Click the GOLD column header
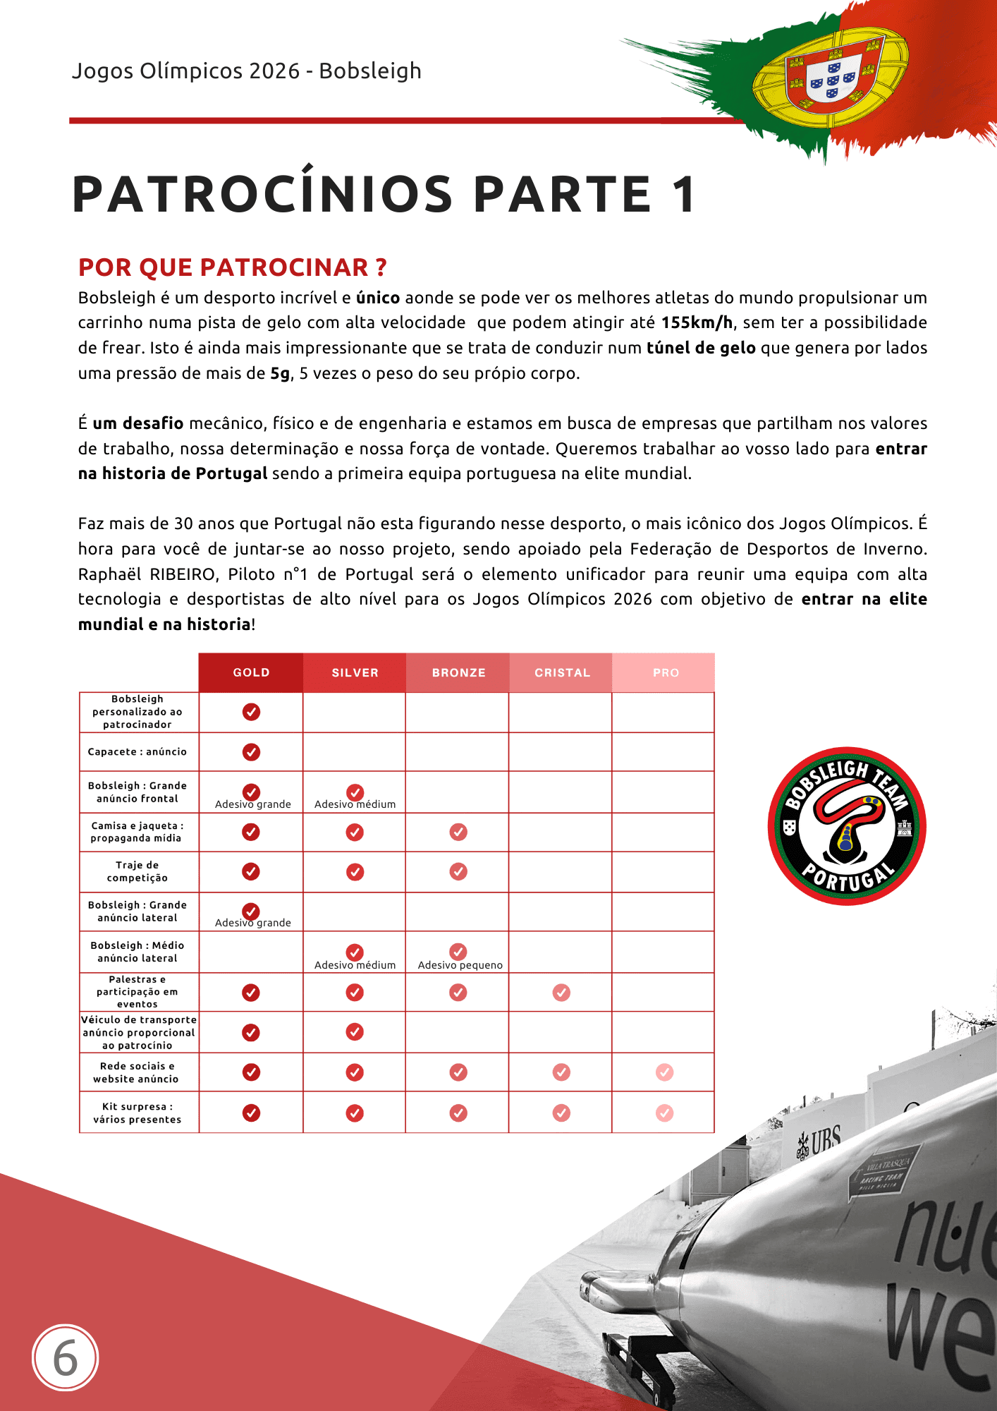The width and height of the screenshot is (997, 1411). [251, 672]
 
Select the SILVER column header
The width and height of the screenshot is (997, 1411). [355, 672]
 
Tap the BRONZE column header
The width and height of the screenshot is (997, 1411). [458, 672]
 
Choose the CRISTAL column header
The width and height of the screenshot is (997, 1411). [562, 672]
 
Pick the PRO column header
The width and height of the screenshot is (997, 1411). [665, 672]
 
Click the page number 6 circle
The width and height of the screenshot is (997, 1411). [66, 1358]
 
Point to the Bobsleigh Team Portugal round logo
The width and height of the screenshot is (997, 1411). [846, 826]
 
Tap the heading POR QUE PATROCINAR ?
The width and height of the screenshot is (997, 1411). [232, 267]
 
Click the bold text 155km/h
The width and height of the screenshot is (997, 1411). [697, 322]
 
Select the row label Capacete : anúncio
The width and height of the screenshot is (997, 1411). [137, 752]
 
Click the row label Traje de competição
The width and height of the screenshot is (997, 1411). [137, 871]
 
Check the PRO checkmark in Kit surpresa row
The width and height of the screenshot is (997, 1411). [664, 1113]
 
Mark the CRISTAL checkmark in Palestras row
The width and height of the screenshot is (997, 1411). [561, 993]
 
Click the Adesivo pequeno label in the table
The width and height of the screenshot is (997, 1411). [460, 965]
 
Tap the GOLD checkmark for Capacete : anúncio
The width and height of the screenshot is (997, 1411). [251, 752]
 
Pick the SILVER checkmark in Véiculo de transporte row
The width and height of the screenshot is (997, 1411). [355, 1032]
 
